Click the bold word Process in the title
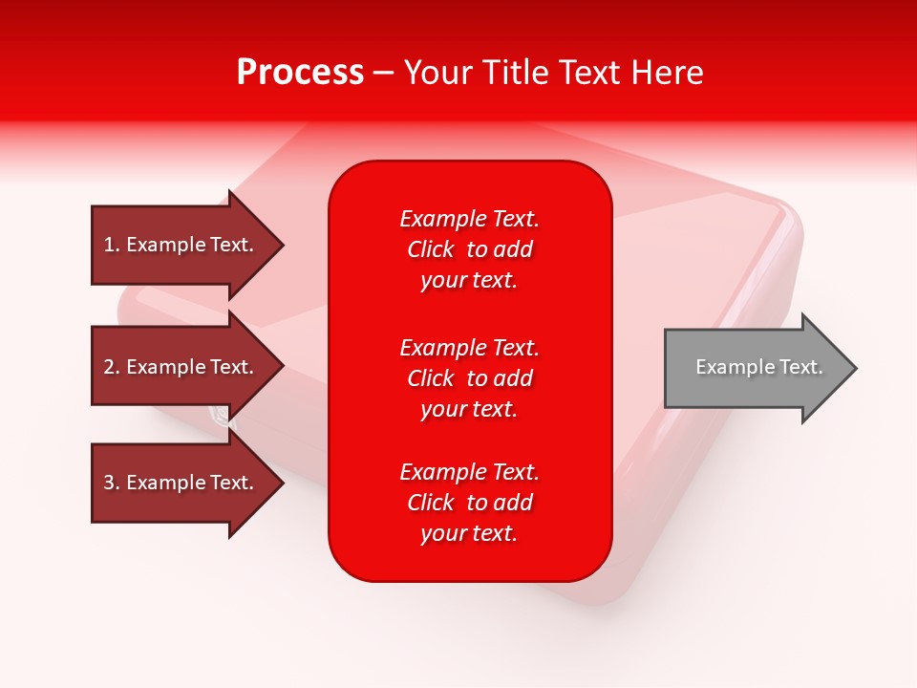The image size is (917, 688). pyautogui.click(x=300, y=73)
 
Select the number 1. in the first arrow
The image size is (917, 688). pyautogui.click(x=112, y=245)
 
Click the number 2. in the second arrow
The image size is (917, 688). pyautogui.click(x=112, y=367)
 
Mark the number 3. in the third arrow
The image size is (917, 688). pyautogui.click(x=112, y=483)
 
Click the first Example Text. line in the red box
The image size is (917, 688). pyautogui.click(x=469, y=219)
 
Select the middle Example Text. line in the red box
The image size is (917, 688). pyautogui.click(x=469, y=347)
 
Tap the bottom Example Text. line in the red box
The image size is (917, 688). pyautogui.click(x=469, y=472)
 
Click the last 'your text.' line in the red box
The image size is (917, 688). pyautogui.click(x=469, y=533)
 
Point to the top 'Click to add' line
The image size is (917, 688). pyautogui.click(x=469, y=249)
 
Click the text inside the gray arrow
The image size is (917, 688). pyautogui.click(x=758, y=367)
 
